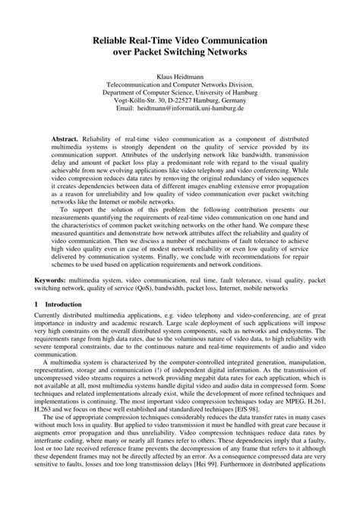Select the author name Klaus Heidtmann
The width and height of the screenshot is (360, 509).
180,77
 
